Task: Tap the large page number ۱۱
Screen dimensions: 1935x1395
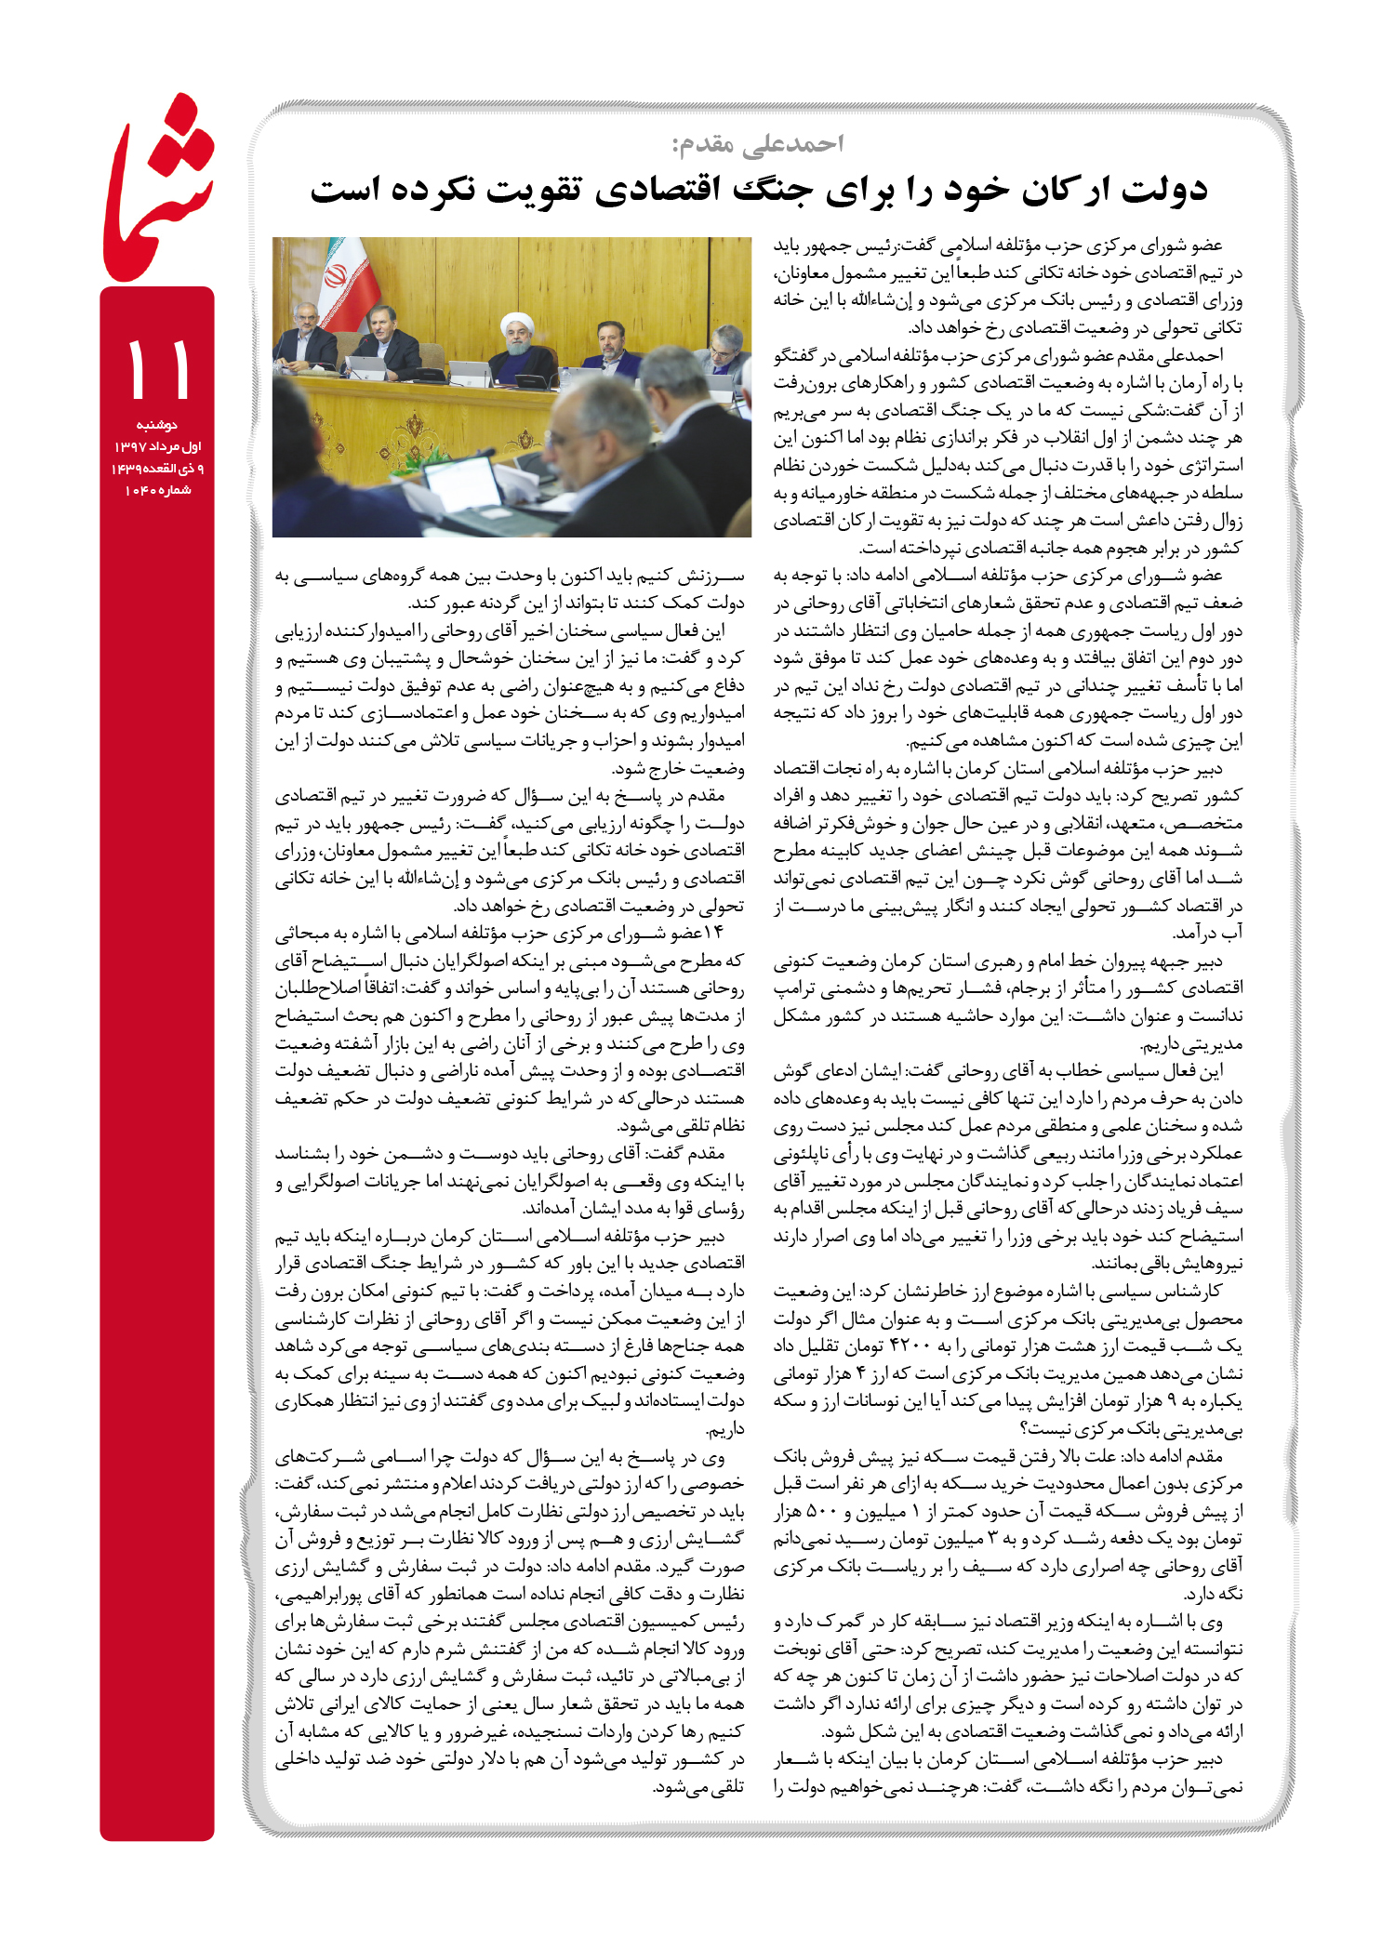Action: coord(157,369)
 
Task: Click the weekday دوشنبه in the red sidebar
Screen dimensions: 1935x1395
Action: coord(157,425)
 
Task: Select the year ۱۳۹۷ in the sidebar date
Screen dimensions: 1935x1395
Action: coord(129,447)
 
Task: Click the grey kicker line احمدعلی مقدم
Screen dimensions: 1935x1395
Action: coord(757,144)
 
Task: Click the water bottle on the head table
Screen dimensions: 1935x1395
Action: coord(565,378)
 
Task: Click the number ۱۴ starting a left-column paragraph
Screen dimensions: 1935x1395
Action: coord(713,934)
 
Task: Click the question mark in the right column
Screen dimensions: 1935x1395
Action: coord(1024,1428)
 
